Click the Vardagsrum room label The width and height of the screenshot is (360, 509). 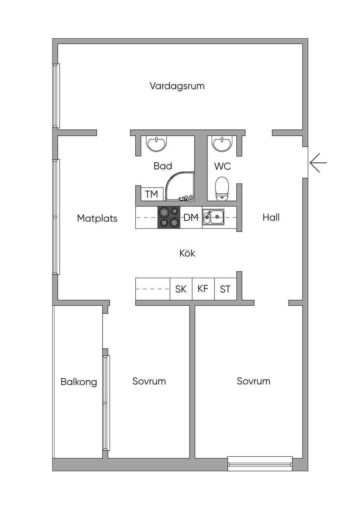tap(177, 86)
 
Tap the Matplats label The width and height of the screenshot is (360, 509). tap(97, 218)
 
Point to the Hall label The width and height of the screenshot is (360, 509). tap(271, 218)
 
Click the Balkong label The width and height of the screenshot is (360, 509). tap(79, 382)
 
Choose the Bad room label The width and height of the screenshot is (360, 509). tap(163, 166)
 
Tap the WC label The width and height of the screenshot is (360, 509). tap(223, 166)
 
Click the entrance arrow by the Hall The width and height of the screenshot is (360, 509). tap(318, 163)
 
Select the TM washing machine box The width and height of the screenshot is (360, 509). tap(152, 194)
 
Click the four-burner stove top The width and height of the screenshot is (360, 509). tap(169, 218)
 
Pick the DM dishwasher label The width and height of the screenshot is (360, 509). tap(191, 218)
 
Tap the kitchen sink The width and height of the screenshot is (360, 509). tap(213, 216)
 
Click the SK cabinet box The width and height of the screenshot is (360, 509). tap(181, 289)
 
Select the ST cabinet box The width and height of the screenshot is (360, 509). tap(225, 289)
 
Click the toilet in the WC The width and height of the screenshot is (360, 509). tap(221, 189)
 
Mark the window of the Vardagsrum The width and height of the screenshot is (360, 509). tap(56, 96)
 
